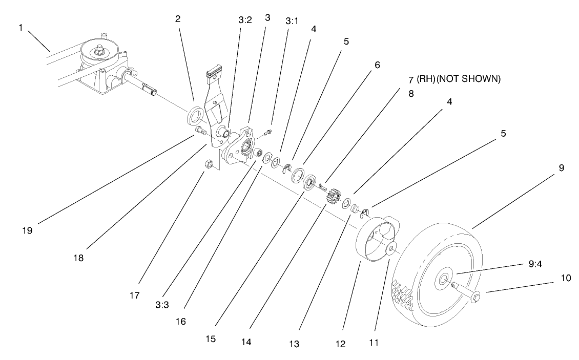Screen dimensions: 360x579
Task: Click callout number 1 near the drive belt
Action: pos(21,27)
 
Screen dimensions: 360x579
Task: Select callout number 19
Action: pos(27,230)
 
